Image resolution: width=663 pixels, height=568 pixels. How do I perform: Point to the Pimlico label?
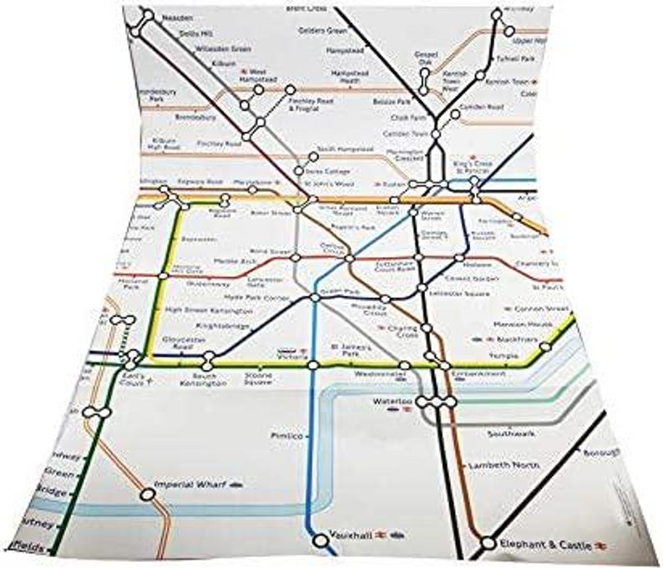(x=283, y=436)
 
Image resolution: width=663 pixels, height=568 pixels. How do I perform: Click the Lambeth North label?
(x=498, y=464)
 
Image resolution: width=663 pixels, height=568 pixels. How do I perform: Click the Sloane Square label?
(x=258, y=380)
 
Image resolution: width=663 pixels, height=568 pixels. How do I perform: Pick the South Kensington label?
(x=200, y=381)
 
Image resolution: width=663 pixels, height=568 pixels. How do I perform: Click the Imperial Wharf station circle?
(x=148, y=494)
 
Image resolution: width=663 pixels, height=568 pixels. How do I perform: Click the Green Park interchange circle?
(x=315, y=298)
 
